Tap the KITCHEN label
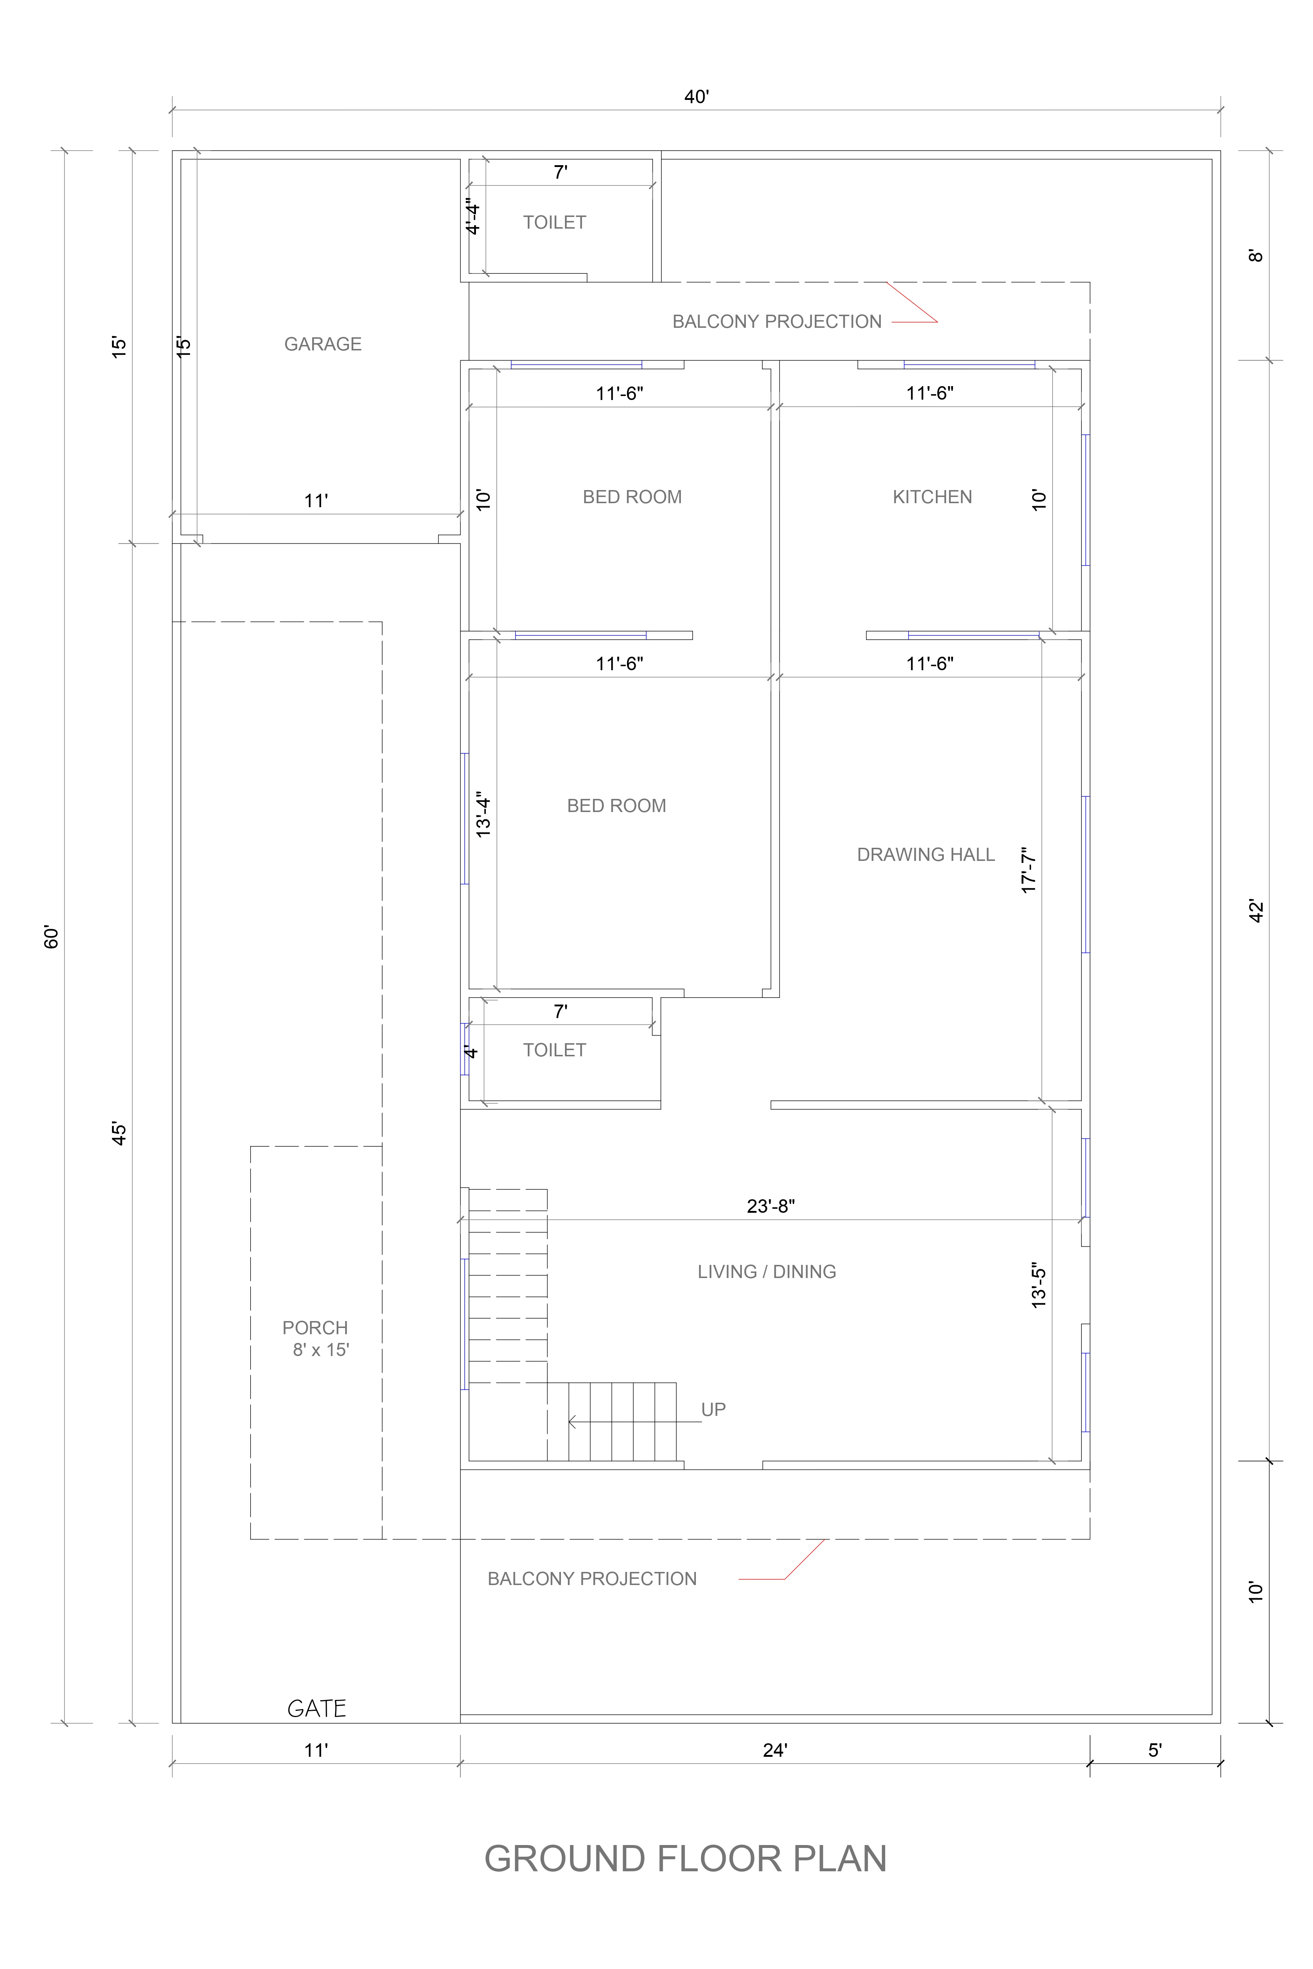(932, 497)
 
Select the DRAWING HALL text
(925, 855)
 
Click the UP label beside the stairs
(713, 1410)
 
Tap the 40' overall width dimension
(696, 97)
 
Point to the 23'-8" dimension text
(770, 1206)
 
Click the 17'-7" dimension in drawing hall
(1029, 871)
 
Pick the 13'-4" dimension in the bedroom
(483, 815)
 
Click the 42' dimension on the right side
(1256, 911)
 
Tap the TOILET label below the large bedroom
(554, 1050)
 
